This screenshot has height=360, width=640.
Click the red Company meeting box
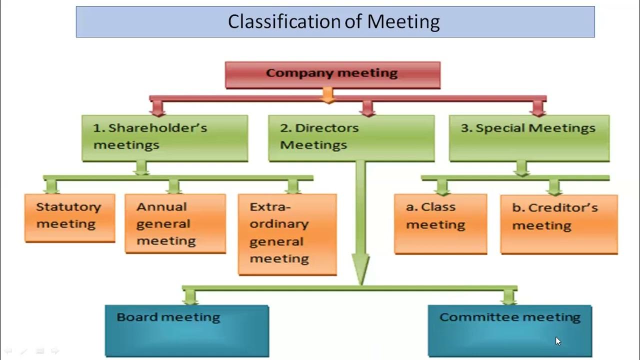coord(332,74)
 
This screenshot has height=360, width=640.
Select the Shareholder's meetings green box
coord(164,138)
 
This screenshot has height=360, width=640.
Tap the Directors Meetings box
coord(351,138)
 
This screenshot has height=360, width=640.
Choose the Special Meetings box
coord(529,138)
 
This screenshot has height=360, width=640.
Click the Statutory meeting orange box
coord(69,217)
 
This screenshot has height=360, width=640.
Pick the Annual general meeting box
coord(175,223)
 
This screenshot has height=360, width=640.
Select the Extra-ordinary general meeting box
coord(287,234)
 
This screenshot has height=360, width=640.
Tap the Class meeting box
coord(440,223)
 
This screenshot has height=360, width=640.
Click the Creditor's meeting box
coord(559,224)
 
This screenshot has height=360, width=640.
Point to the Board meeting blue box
coord(186,330)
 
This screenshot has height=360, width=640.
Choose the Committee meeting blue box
coord(509,330)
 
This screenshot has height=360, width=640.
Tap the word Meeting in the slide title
coord(403,22)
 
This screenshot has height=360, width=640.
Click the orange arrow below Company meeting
coord(327,95)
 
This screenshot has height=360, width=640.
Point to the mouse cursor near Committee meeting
coord(557,341)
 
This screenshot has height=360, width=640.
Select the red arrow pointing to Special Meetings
coord(538,107)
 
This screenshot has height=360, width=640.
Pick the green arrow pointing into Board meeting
coord(190,297)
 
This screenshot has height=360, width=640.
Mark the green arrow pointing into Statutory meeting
coord(51,186)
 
